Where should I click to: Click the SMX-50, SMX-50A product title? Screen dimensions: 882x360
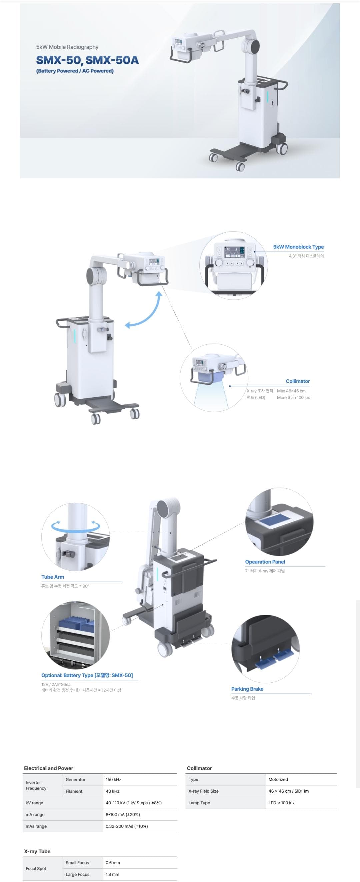click(x=87, y=60)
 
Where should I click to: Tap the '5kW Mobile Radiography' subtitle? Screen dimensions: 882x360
click(x=67, y=47)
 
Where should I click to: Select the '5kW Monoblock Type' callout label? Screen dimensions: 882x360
click(x=298, y=247)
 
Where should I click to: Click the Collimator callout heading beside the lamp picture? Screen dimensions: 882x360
click(x=298, y=381)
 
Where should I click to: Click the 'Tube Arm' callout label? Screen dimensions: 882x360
click(x=53, y=577)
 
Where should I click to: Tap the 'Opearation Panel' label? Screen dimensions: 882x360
click(x=265, y=562)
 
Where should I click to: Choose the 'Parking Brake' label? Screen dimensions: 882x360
click(x=247, y=689)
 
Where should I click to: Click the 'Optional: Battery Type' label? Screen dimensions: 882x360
click(x=87, y=675)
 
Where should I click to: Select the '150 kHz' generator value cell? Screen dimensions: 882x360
click(x=113, y=780)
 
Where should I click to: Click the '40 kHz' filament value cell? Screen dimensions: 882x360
click(x=112, y=791)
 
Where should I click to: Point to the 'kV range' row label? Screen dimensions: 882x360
click(x=34, y=803)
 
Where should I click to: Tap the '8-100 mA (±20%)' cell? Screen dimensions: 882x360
click(x=123, y=815)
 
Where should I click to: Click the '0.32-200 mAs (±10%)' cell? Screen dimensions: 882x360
click(x=127, y=826)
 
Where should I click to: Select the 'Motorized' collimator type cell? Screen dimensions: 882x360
click(x=278, y=779)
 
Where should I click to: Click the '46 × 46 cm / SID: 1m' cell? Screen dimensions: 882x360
click(x=288, y=791)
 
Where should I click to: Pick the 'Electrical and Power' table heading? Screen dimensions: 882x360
click(x=49, y=768)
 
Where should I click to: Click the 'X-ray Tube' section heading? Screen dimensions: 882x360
click(x=37, y=851)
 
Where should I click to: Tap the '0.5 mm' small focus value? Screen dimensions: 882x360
click(x=113, y=863)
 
